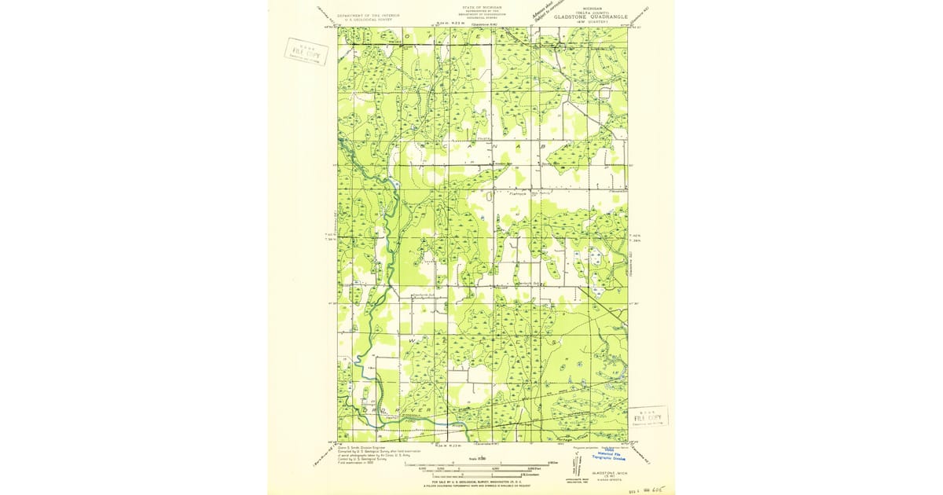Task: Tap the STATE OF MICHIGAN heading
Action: click(x=483, y=7)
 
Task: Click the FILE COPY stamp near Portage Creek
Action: click(x=648, y=416)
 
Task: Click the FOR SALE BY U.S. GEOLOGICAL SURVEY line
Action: click(x=481, y=480)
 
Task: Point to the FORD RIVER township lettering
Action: click(x=401, y=409)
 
